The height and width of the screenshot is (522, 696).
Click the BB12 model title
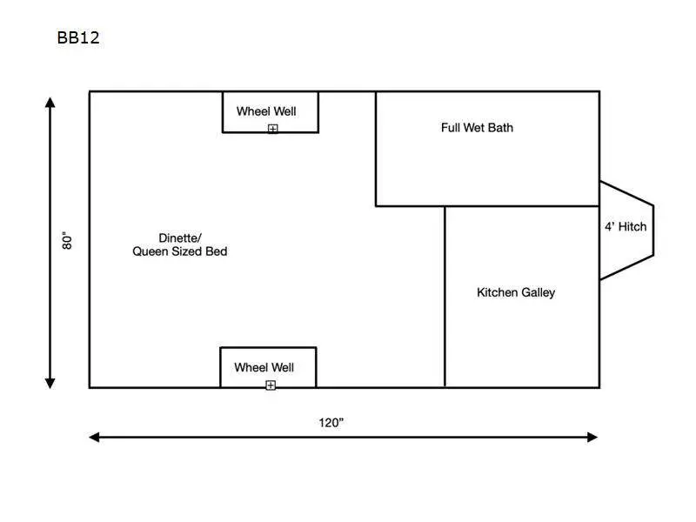click(78, 37)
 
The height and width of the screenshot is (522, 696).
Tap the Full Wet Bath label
click(477, 128)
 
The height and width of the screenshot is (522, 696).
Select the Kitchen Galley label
click(516, 292)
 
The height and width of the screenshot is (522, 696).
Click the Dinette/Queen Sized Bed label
click(180, 244)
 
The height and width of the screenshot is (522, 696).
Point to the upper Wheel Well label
click(266, 111)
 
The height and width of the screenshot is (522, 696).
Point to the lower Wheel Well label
click(264, 367)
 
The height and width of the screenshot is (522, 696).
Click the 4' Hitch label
click(626, 227)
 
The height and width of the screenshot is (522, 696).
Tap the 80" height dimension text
click(67, 240)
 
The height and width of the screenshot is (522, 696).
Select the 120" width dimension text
click(331, 423)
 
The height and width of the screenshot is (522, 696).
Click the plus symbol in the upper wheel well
click(273, 129)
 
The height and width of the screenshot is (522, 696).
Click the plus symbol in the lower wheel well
click(271, 385)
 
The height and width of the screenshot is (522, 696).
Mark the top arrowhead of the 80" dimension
click(50, 103)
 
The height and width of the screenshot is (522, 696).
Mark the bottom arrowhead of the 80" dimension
click(50, 384)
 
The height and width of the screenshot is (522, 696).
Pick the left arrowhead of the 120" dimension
click(94, 438)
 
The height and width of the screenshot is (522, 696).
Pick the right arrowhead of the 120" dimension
click(592, 438)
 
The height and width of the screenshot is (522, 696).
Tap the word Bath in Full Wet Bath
click(501, 128)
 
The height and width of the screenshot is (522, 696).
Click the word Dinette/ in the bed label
click(180, 238)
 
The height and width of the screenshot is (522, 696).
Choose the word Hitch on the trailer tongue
click(632, 227)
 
